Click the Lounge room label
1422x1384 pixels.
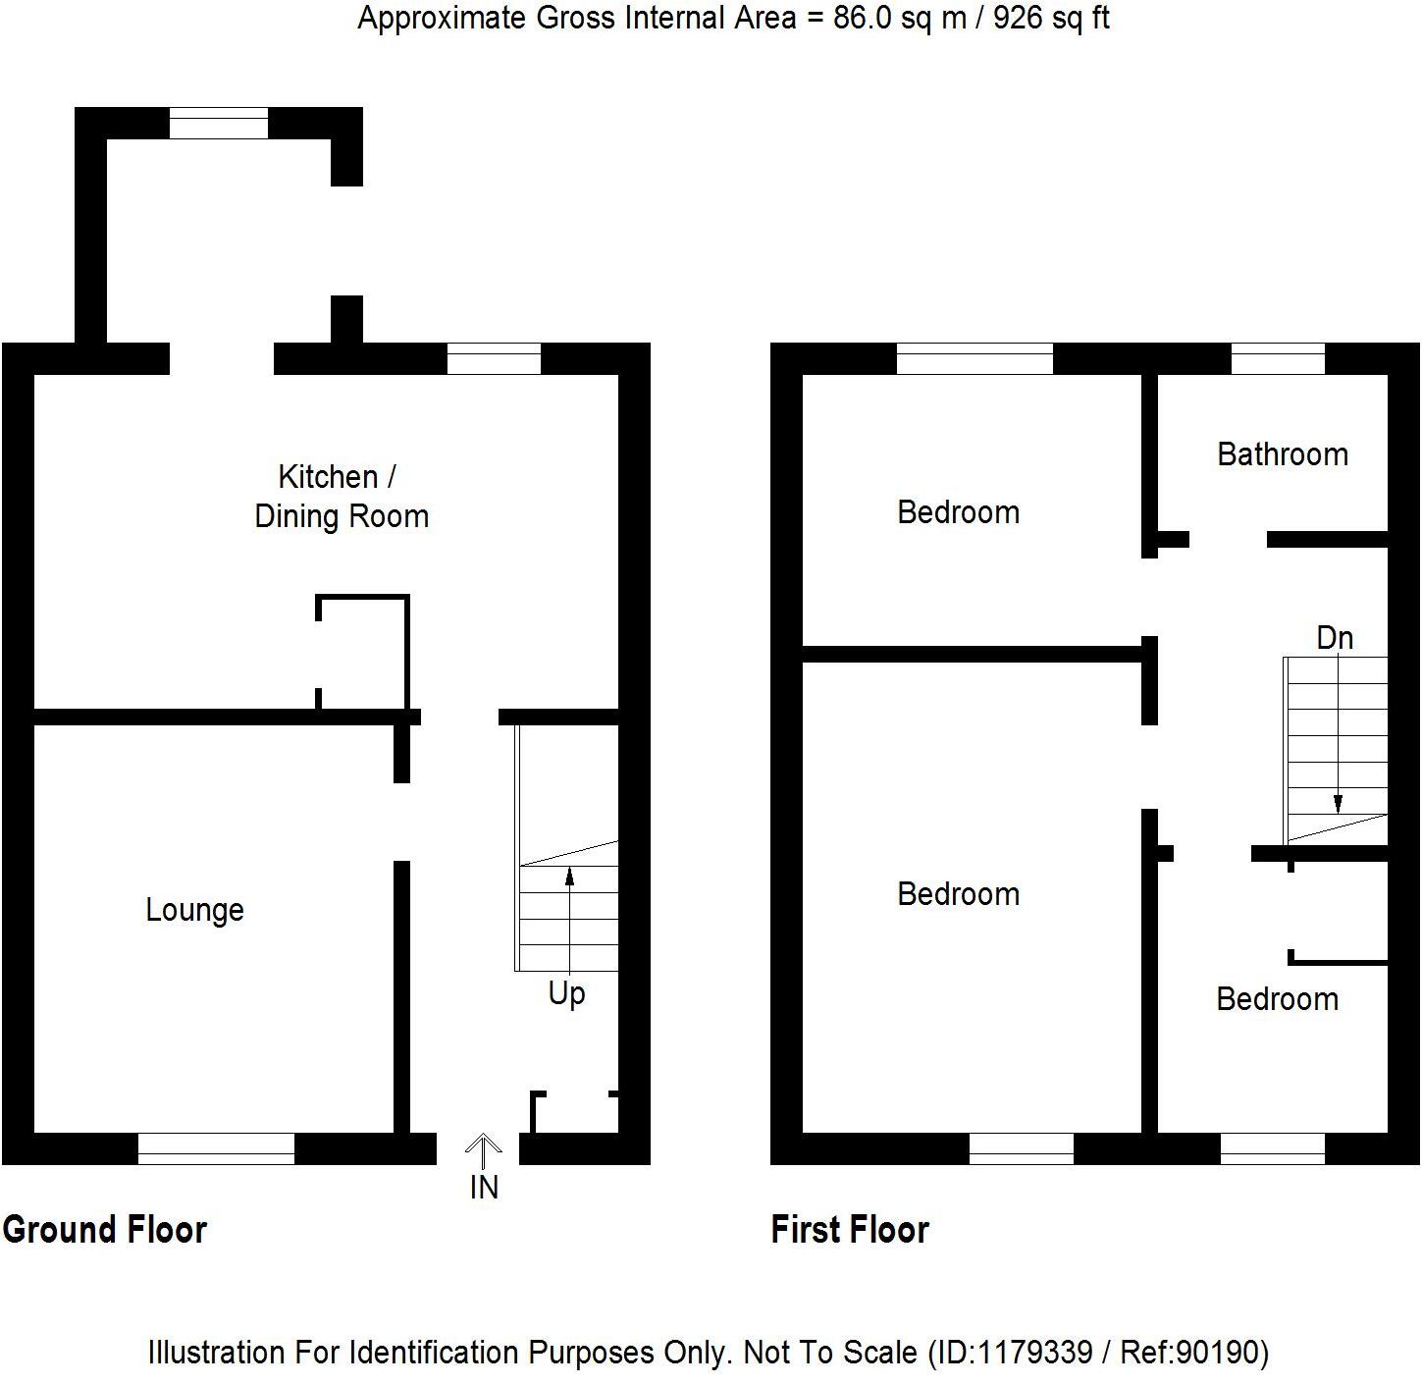point(194,910)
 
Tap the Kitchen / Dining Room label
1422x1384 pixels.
point(341,497)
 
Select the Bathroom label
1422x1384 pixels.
point(1282,454)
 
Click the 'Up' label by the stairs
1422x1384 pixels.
point(566,993)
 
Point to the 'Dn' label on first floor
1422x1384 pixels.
point(1334,638)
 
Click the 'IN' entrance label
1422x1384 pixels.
point(484,1188)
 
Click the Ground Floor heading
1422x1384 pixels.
point(105,1230)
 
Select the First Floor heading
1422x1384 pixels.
point(849,1230)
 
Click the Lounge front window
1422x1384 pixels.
point(216,1148)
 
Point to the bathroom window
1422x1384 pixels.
point(1277,359)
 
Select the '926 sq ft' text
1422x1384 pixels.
point(1051,18)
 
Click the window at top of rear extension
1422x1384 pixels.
point(218,124)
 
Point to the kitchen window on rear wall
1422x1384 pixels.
point(494,359)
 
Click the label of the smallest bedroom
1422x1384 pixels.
point(1277,999)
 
